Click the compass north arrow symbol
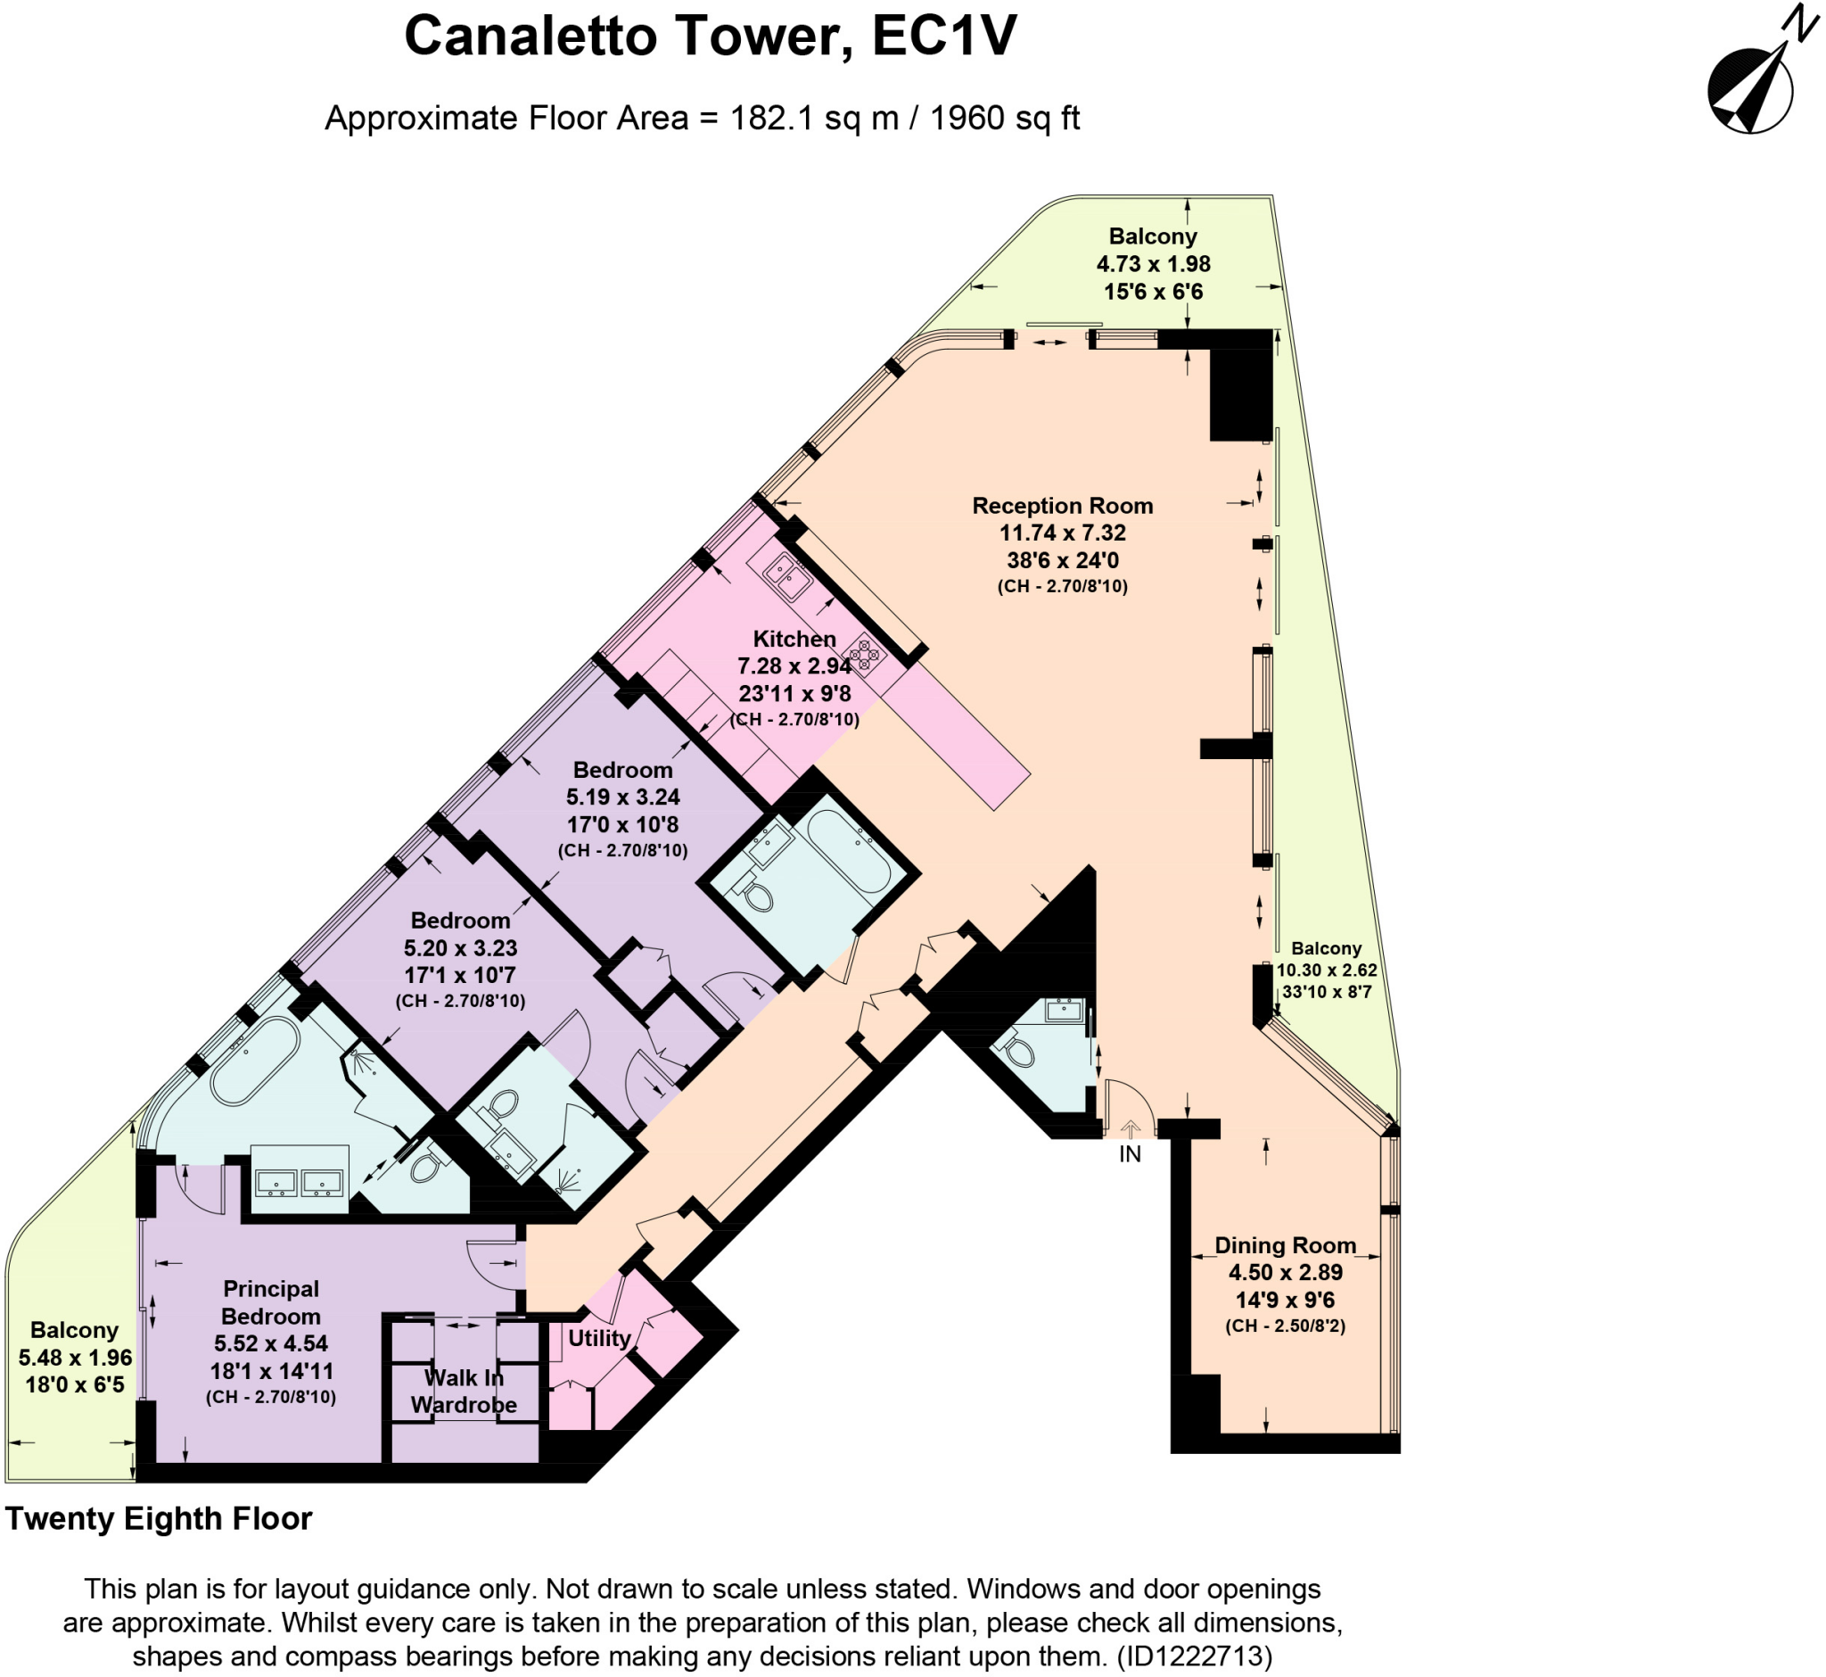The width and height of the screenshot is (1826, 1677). [1750, 90]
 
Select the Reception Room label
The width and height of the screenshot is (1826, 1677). [1062, 506]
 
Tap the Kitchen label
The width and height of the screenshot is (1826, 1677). [794, 638]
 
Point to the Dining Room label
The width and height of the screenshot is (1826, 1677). [1285, 1245]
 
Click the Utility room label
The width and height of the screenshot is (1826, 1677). [598, 1338]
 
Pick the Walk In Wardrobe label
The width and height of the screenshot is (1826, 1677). [464, 1392]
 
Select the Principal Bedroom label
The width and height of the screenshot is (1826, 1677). [270, 1302]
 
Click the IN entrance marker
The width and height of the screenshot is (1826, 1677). [1130, 1153]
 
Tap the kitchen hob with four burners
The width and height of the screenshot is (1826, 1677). [862, 654]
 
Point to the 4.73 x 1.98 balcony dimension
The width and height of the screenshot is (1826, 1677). [1153, 264]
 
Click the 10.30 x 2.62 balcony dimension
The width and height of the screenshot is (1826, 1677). [1326, 971]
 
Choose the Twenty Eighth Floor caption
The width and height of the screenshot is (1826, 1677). [159, 1518]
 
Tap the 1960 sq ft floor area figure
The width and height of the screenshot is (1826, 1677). [1004, 118]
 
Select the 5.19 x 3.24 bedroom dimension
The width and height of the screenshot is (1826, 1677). [622, 797]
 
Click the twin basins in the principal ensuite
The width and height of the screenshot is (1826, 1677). [299, 1183]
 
